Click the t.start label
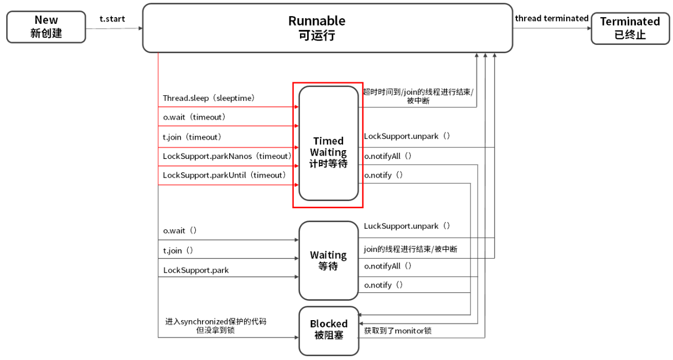(x=112, y=19)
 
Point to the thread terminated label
(x=552, y=18)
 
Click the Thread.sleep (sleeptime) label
(x=209, y=98)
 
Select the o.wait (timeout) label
(x=194, y=117)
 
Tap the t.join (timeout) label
(x=192, y=137)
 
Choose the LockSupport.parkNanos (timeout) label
(x=227, y=156)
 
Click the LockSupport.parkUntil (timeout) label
(x=224, y=175)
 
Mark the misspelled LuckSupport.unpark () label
(x=407, y=226)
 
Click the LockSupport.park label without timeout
(x=196, y=270)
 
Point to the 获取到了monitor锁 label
(x=398, y=331)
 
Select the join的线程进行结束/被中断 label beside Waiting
(x=411, y=249)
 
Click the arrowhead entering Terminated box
(x=589, y=28)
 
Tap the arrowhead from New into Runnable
(x=141, y=28)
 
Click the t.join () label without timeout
(x=178, y=250)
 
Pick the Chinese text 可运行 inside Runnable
(x=317, y=35)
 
